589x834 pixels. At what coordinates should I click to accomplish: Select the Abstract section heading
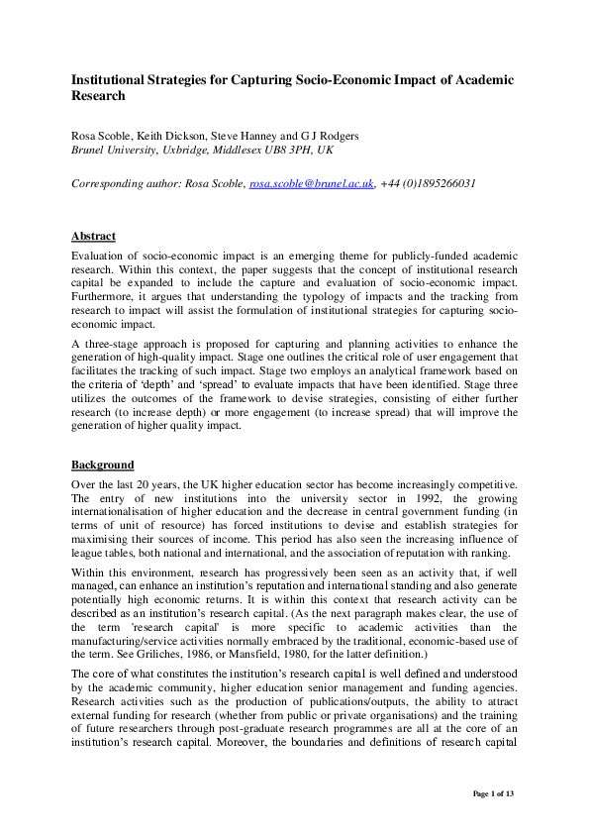[x=93, y=237]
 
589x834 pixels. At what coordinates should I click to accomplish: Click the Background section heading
[x=103, y=465]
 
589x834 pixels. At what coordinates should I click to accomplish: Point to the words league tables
[x=105, y=553]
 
